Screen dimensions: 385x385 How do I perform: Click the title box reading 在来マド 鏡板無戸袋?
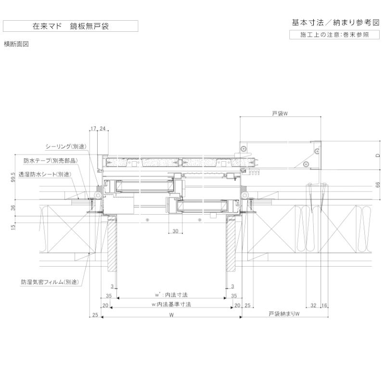70,26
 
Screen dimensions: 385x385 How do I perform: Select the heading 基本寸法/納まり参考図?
335,23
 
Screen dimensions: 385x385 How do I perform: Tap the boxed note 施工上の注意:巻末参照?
335,35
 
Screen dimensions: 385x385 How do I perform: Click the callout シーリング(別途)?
65,146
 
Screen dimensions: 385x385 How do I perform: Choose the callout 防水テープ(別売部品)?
51,160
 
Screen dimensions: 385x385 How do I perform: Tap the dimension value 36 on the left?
13,207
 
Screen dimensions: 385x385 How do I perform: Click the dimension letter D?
378,155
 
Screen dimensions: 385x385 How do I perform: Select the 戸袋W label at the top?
279,114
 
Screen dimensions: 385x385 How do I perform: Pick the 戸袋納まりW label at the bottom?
284,314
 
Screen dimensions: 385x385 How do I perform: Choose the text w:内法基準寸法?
171,304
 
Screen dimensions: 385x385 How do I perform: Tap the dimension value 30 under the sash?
175,231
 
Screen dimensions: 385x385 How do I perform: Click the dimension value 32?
314,305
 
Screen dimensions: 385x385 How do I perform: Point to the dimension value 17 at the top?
93,128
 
